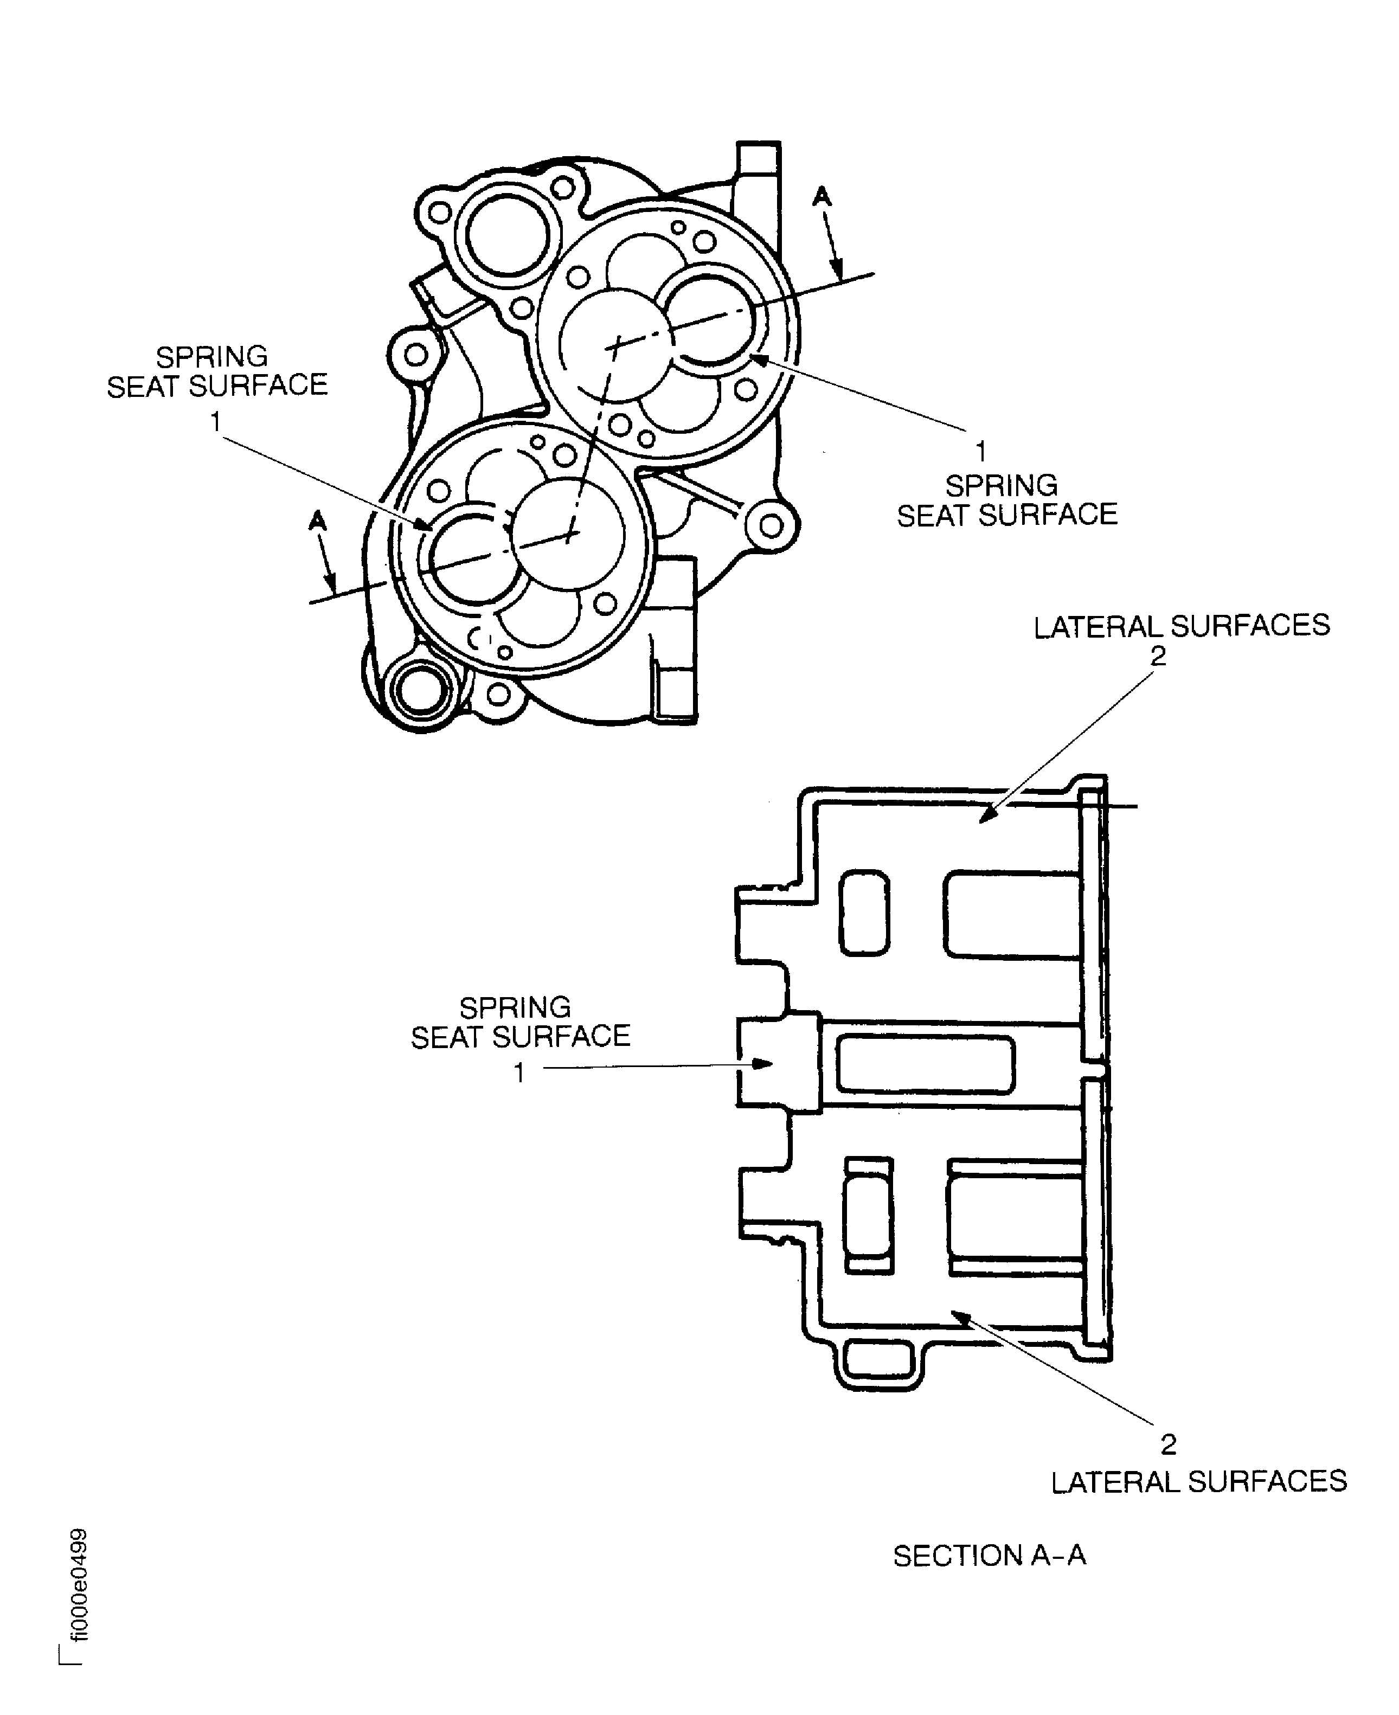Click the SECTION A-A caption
tap(989, 1556)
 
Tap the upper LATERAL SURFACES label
tap(1182, 626)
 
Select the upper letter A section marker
tap(821, 196)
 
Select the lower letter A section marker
tap(318, 522)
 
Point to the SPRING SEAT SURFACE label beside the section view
tap(520, 1022)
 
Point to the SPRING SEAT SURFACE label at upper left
tap(217, 371)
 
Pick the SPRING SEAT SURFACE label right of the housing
tap(1006, 500)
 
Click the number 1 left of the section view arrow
tap(520, 1072)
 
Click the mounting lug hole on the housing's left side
tap(416, 355)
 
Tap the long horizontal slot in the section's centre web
tap(925, 1064)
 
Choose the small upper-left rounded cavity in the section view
tap(865, 913)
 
